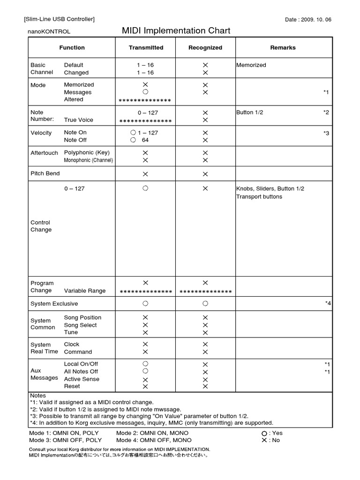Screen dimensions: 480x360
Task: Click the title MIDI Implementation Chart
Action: click(176, 31)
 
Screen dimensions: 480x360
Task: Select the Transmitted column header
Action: click(146, 47)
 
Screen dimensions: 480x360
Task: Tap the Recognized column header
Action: click(205, 47)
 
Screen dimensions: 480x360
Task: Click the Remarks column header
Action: click(283, 47)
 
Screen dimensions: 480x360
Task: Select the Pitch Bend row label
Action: click(45, 173)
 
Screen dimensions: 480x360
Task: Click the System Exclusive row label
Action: click(54, 304)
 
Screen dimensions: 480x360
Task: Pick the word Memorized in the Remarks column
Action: click(251, 65)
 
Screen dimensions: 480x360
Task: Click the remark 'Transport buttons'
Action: click(259, 197)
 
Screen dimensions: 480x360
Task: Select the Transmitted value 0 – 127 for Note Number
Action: click(146, 113)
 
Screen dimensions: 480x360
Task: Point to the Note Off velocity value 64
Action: click(145, 140)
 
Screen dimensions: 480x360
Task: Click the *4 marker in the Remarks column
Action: click(328, 304)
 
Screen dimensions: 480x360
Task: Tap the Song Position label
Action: click(82, 318)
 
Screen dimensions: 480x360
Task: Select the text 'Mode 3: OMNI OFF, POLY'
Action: click(65, 440)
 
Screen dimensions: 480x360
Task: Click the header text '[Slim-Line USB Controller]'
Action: click(59, 19)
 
